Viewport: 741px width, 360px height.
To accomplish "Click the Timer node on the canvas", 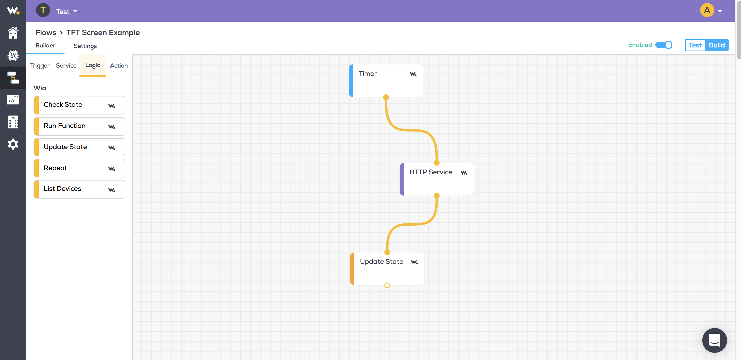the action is click(x=386, y=80).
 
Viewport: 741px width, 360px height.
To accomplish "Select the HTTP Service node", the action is click(x=437, y=179).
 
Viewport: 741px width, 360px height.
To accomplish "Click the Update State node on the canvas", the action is click(x=387, y=268).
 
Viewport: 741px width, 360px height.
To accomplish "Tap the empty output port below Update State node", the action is click(x=387, y=285).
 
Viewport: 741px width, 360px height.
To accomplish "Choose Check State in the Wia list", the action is click(x=79, y=105).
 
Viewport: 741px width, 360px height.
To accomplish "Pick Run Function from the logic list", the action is click(x=79, y=126).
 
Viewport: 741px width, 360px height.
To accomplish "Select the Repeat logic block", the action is click(x=79, y=168).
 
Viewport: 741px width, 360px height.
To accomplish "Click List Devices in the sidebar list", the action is click(x=79, y=189).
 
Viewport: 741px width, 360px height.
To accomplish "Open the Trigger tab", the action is click(x=40, y=66).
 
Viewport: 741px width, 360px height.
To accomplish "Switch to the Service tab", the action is click(x=66, y=66).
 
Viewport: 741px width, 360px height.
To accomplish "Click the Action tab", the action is click(x=119, y=66).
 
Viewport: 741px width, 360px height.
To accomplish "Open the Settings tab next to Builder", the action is click(x=85, y=46).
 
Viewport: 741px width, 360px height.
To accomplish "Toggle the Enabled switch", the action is click(x=664, y=45).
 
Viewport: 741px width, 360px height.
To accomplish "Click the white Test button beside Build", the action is click(x=695, y=45).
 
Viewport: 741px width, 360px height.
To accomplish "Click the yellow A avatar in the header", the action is click(x=707, y=10).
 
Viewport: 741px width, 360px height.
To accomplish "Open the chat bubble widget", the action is click(x=714, y=340).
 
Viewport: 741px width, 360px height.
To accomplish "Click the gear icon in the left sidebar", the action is click(x=13, y=144).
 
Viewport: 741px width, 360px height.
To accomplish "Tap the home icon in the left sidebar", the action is click(x=13, y=33).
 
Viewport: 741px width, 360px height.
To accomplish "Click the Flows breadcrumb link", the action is click(x=46, y=32).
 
